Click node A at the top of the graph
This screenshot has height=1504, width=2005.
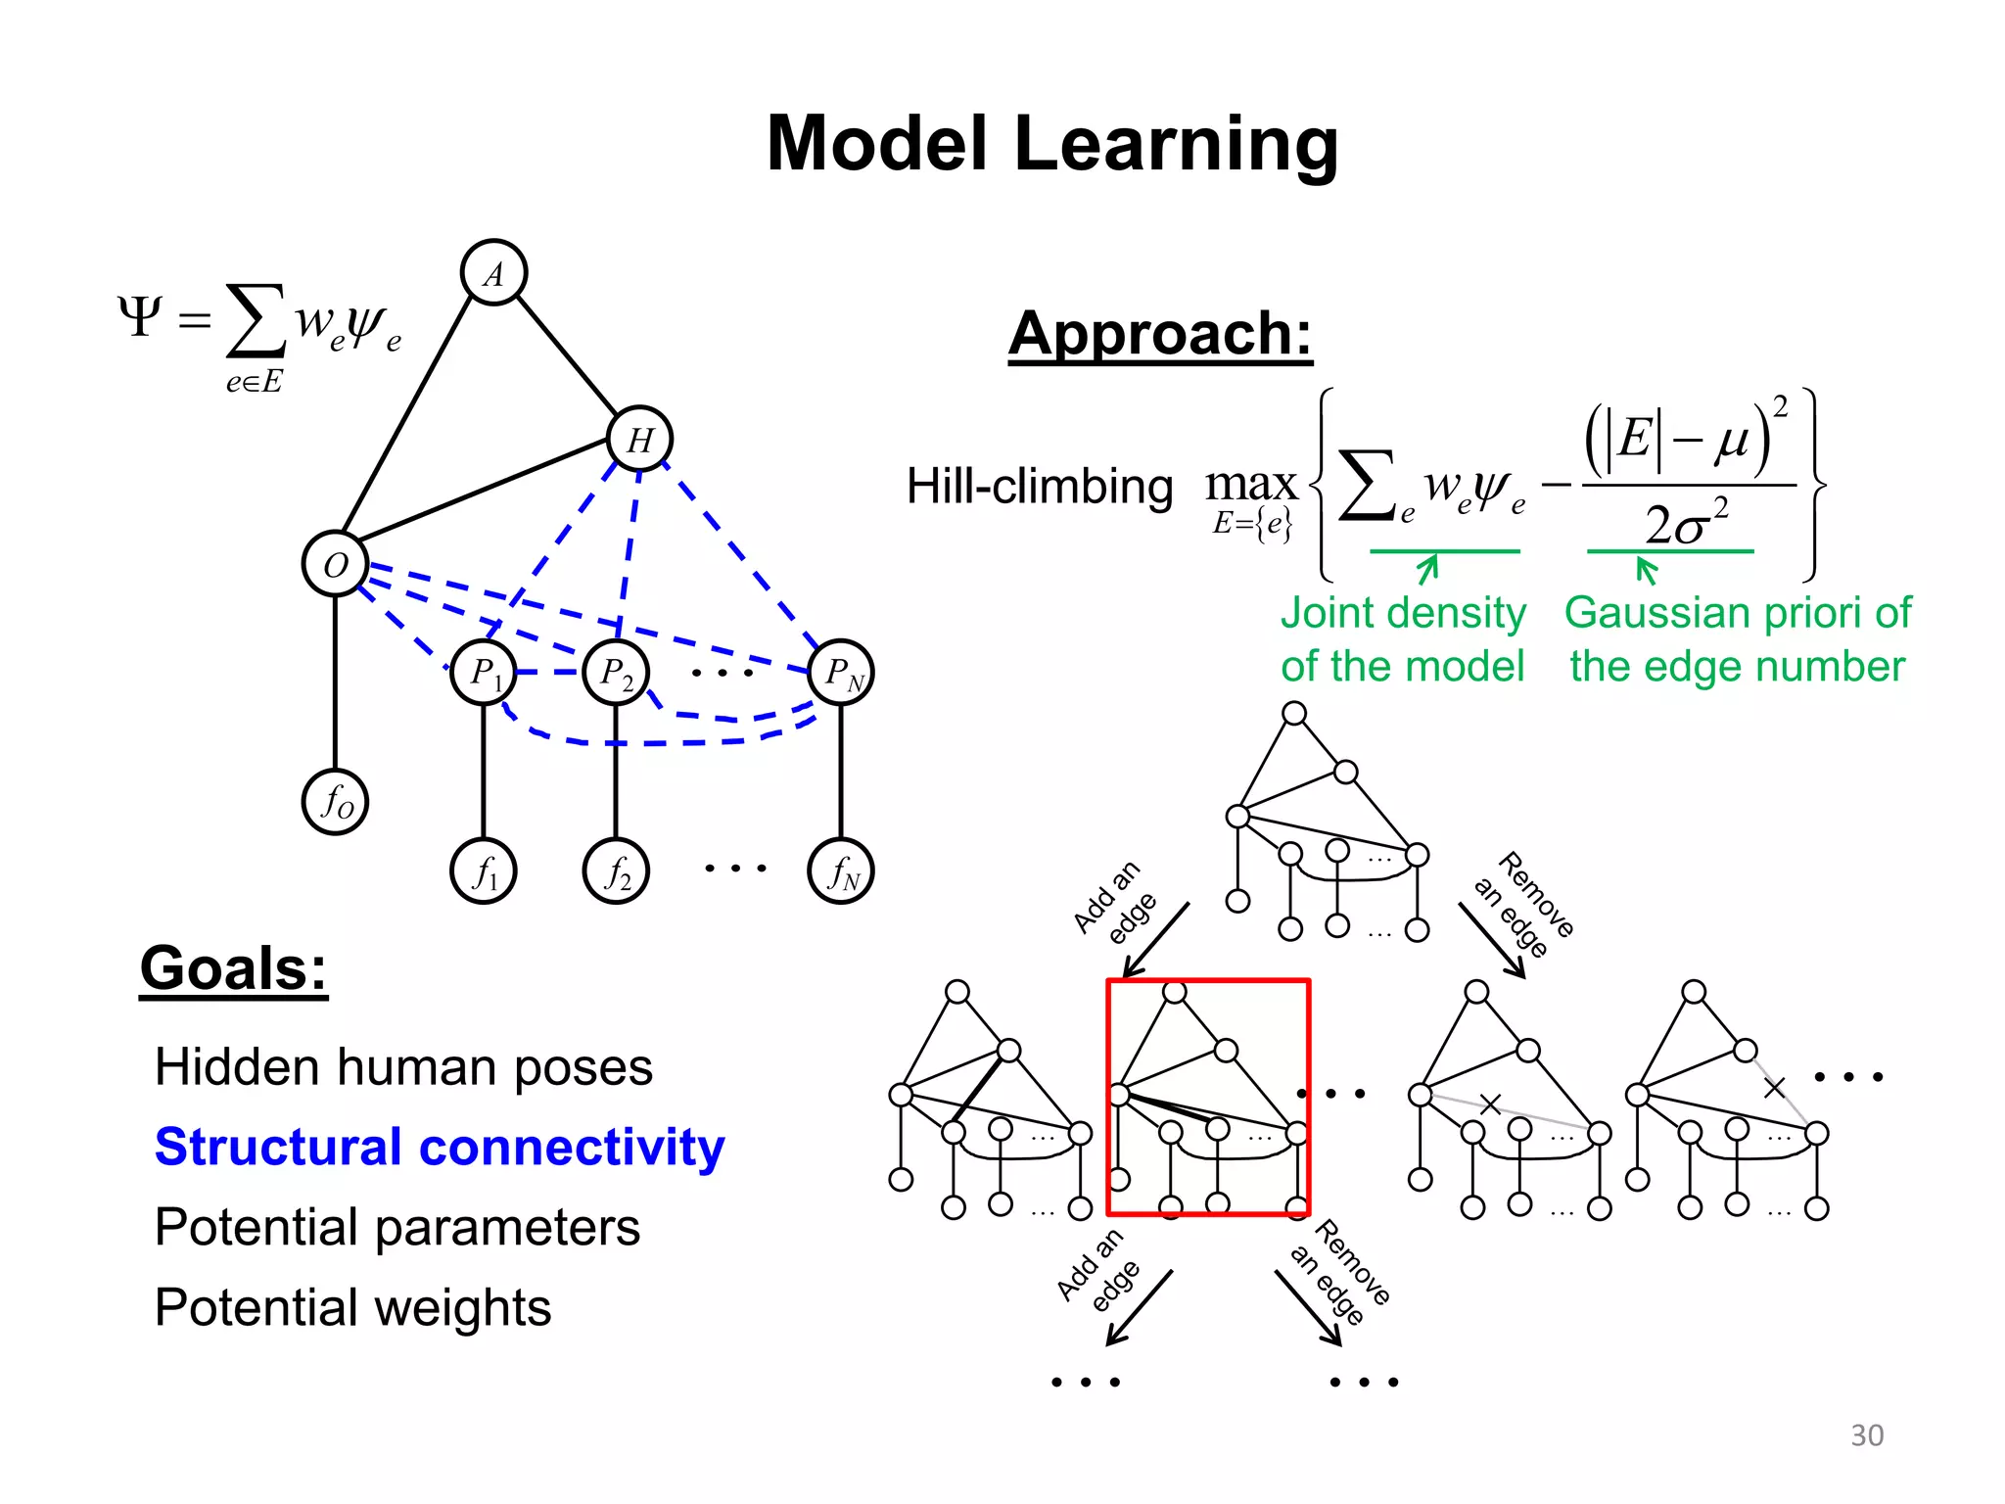pos(493,273)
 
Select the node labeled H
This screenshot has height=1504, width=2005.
pos(639,440)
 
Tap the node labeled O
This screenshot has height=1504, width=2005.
pos(335,564)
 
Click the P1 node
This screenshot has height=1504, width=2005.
pos(483,673)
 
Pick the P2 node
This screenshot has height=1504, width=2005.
pos(615,673)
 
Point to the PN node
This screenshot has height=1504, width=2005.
pos(841,673)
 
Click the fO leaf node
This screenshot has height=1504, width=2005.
pos(335,802)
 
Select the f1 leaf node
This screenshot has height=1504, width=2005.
pos(483,871)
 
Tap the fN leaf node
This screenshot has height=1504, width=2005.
pos(841,871)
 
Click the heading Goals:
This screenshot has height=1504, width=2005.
pos(233,969)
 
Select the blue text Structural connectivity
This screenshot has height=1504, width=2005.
pos(440,1147)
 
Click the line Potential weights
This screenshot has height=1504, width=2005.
pos(352,1307)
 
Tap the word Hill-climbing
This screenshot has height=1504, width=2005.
pos(1039,487)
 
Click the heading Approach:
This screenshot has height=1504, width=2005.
pos(1160,334)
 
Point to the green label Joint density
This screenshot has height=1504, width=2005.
pos(1403,614)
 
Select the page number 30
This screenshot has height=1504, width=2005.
pos(1866,1435)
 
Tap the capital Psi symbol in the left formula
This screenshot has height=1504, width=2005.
pos(139,317)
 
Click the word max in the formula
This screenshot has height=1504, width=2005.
pos(1250,484)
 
